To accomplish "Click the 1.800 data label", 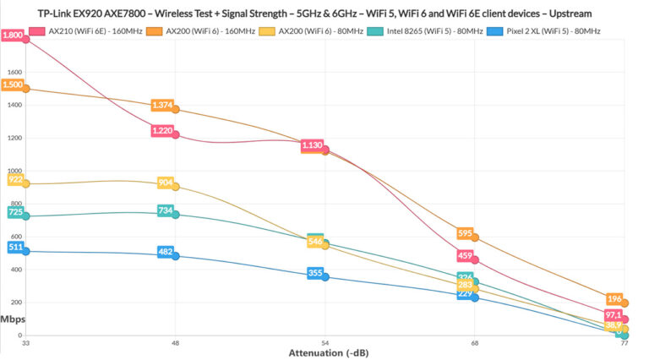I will (x=13, y=35).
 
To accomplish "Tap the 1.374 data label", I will (x=162, y=105).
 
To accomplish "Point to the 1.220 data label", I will (x=162, y=131).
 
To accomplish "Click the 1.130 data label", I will (x=312, y=145).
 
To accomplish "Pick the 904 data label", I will (x=165, y=183).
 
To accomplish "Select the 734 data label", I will (x=165, y=210).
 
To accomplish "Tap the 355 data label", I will (x=314, y=273).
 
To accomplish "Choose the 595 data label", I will (x=464, y=233).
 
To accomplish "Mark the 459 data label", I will (x=464, y=255).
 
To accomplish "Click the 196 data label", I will (x=614, y=298).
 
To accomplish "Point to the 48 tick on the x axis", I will (x=175, y=344).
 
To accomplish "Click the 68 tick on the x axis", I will (x=474, y=344).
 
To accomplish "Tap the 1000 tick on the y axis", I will (x=14, y=170).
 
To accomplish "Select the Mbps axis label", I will (x=13, y=319).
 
